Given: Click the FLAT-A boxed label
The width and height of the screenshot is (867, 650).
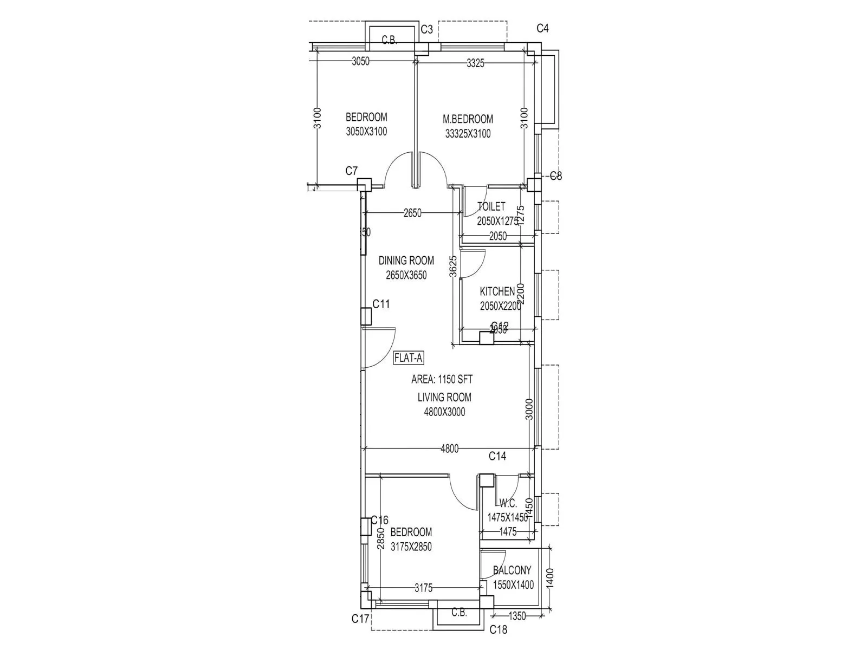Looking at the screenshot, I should coord(409,357).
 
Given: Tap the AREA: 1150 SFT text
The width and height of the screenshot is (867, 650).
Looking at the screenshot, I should coord(442,379).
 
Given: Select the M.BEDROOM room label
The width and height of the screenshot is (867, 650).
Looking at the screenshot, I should coord(468,119).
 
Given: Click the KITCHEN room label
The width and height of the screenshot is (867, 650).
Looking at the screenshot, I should coord(497,292).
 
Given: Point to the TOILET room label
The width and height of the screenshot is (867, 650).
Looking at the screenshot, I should coord(491,206).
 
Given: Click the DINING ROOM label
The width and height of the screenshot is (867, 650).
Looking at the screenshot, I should coord(406,261).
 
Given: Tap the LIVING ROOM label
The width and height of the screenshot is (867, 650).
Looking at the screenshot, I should coord(444,397).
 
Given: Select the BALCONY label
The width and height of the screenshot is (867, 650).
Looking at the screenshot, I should coord(512,570).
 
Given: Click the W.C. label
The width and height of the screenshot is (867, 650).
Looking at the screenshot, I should coord(508,503).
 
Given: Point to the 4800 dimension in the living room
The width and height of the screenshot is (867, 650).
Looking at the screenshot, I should coord(449,448).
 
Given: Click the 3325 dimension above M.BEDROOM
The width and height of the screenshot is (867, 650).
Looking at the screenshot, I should coord(475,63).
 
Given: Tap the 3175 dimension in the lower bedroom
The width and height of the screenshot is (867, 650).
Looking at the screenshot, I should coord(423,588).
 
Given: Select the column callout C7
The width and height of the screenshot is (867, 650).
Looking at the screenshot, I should coord(352,171).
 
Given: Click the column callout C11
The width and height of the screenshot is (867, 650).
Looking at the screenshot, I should coord(381,304).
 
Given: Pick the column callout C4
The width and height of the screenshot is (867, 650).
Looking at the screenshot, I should coord(542,28).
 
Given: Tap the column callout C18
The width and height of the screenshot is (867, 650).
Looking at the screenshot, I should coord(498,629).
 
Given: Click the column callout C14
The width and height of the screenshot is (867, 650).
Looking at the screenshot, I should coord(497,456).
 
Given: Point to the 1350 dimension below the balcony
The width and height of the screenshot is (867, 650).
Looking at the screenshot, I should coord(517,616).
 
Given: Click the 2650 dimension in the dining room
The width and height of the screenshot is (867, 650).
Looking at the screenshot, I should coord(412,213).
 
